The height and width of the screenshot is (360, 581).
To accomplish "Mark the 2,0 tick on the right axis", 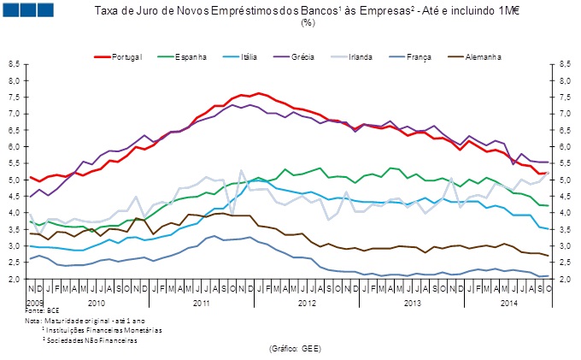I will pos(565,279).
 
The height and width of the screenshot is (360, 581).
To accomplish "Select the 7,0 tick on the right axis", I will pos(565,114).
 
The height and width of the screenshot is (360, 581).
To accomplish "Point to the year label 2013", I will pos(413,303).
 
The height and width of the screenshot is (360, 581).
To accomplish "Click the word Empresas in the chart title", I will pos(388,10).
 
